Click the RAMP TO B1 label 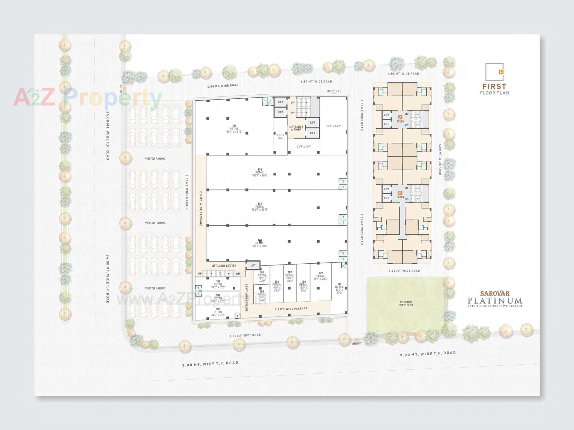pos(334,91)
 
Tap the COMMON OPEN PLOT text pos(406,304)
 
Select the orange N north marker pos(501,72)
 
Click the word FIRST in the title pos(494,87)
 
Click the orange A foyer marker pos(400,117)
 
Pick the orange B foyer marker pos(400,193)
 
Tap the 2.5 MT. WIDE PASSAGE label pos(201,208)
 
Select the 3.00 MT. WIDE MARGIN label pos(186,192)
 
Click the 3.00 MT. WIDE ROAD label pos(404,271)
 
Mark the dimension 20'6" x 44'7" pos(333,126)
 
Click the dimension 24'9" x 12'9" pos(304,147)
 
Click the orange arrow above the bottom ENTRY pos(356,340)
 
